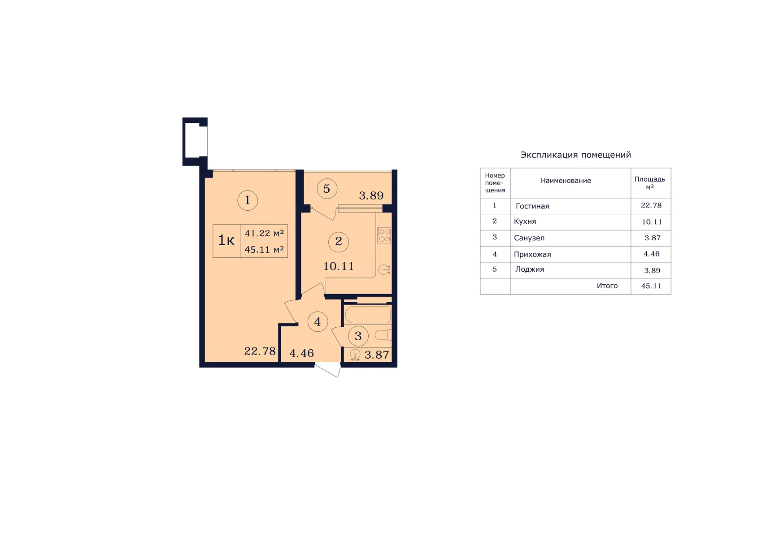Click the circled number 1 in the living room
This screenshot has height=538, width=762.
click(248, 200)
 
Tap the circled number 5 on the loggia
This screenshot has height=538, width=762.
click(327, 189)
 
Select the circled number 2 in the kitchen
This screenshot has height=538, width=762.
click(339, 242)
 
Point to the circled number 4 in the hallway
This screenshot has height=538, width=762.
click(318, 322)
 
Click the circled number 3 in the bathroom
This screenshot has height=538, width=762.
click(358, 336)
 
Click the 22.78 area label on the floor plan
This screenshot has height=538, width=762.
click(260, 351)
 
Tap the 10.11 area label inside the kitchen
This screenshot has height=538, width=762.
click(339, 266)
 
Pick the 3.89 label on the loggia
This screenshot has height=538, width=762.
click(371, 195)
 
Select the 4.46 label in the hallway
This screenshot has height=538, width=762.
click(302, 353)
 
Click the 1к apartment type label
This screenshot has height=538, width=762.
click(226, 240)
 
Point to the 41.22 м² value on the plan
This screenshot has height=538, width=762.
click(264, 233)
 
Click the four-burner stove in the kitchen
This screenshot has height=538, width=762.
click(384, 235)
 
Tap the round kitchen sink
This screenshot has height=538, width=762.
click(384, 270)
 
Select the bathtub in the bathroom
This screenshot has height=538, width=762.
click(368, 315)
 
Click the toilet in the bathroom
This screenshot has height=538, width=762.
click(383, 335)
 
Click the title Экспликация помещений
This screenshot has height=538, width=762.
click(575, 155)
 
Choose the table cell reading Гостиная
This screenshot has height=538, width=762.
click(532, 206)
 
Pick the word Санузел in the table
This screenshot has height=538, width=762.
click(529, 238)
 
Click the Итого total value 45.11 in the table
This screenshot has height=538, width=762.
click(651, 286)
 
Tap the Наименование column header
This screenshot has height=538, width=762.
click(566, 181)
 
